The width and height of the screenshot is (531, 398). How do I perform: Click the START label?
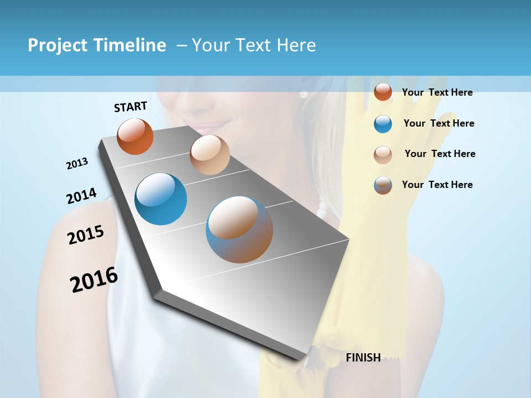(131, 107)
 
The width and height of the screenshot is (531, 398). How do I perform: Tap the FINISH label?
(363, 358)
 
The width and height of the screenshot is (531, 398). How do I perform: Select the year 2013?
(77, 163)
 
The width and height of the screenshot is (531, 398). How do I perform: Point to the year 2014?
(81, 196)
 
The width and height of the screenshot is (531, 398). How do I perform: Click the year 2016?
(94, 280)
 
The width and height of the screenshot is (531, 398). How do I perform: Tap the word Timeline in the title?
(130, 45)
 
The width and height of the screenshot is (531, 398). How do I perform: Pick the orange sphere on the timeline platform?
(136, 136)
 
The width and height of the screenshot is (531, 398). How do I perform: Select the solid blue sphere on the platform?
(160, 199)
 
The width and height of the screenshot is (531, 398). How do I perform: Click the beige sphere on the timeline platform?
(210, 155)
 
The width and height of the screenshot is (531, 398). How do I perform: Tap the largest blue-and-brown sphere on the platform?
(240, 229)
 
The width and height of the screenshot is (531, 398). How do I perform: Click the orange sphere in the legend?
(383, 92)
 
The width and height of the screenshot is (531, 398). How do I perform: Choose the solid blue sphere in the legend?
(383, 124)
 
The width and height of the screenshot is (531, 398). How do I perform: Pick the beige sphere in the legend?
(383, 154)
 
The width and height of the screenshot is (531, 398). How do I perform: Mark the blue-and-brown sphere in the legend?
(383, 185)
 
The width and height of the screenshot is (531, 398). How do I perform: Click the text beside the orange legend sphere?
(437, 92)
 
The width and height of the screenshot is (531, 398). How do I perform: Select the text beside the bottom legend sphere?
(437, 185)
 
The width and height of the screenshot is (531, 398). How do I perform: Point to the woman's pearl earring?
(303, 94)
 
